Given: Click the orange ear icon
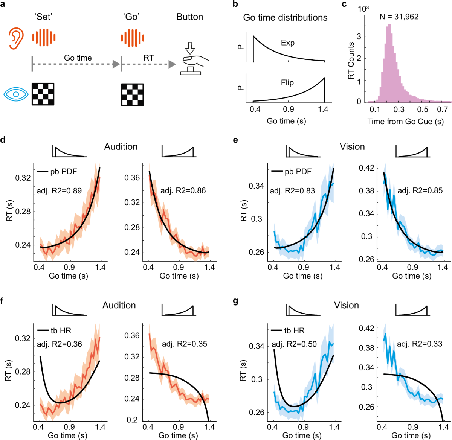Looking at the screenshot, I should point(16,37).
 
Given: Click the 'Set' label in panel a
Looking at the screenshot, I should point(43,17).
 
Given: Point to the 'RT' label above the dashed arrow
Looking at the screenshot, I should point(148,58).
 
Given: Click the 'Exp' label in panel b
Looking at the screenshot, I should point(287,43).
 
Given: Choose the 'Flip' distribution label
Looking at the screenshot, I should point(287,83).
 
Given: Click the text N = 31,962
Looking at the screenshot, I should point(399,17).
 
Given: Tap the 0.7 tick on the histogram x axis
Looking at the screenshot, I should point(442,110).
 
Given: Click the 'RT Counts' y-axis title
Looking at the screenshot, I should point(351,61).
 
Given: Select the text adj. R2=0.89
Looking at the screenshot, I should point(59,191).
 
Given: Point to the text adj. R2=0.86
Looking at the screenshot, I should point(183,190).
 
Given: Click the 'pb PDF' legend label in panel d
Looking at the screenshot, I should point(64,172).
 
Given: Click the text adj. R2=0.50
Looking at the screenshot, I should point(294,344).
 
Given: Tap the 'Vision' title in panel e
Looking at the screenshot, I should point(352,147).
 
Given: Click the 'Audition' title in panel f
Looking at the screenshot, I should point(119,305).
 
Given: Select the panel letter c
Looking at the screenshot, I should point(344,5).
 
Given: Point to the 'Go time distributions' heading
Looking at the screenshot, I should point(285,18).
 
